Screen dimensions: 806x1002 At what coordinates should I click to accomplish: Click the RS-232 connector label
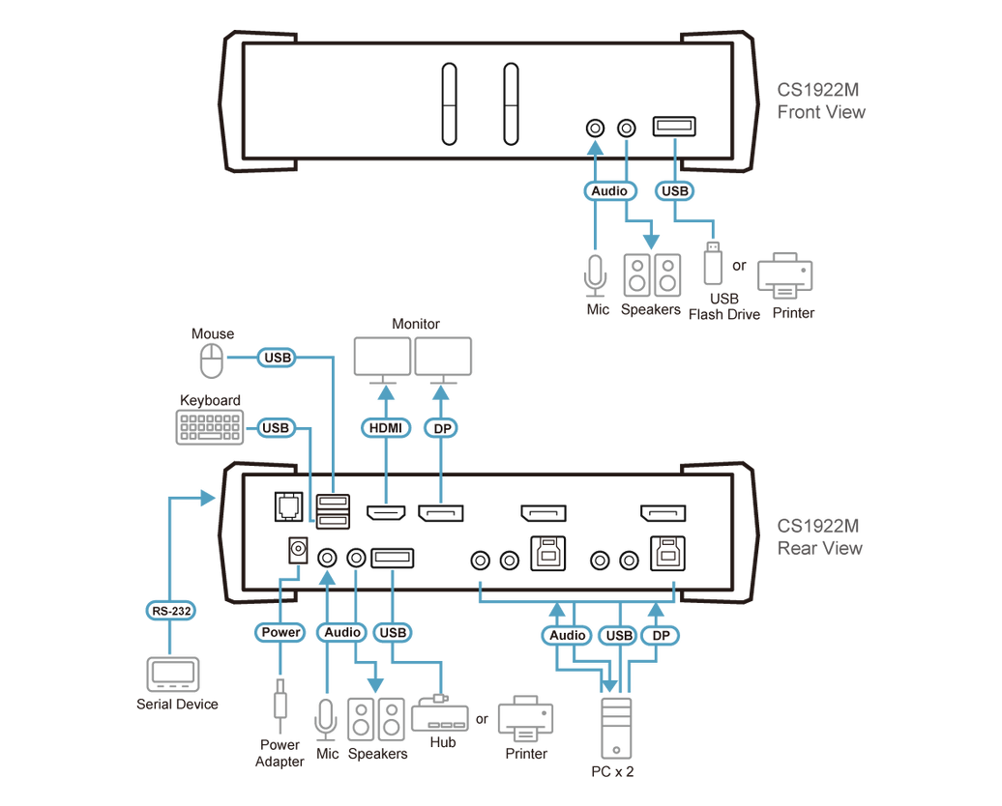click(x=170, y=610)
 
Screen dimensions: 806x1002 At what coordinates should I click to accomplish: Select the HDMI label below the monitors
click(x=386, y=426)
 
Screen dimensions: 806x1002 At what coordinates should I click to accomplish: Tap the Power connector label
click(x=280, y=632)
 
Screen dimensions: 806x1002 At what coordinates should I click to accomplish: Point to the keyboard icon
click(x=209, y=427)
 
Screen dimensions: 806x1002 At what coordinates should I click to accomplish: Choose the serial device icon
click(x=173, y=674)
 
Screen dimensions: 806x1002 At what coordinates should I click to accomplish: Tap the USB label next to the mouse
click(x=278, y=358)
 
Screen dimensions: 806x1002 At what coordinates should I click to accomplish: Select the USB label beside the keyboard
click(x=276, y=427)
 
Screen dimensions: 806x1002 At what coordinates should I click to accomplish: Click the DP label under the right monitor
click(x=440, y=426)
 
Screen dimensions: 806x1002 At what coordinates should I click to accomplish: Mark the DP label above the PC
click(x=661, y=635)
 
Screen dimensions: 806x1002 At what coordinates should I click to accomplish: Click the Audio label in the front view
click(x=609, y=191)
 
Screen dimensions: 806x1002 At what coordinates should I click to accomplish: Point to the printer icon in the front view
click(x=785, y=276)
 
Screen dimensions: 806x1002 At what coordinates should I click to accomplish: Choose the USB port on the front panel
click(x=674, y=127)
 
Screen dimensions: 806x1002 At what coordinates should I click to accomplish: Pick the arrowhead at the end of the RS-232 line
click(x=209, y=497)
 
